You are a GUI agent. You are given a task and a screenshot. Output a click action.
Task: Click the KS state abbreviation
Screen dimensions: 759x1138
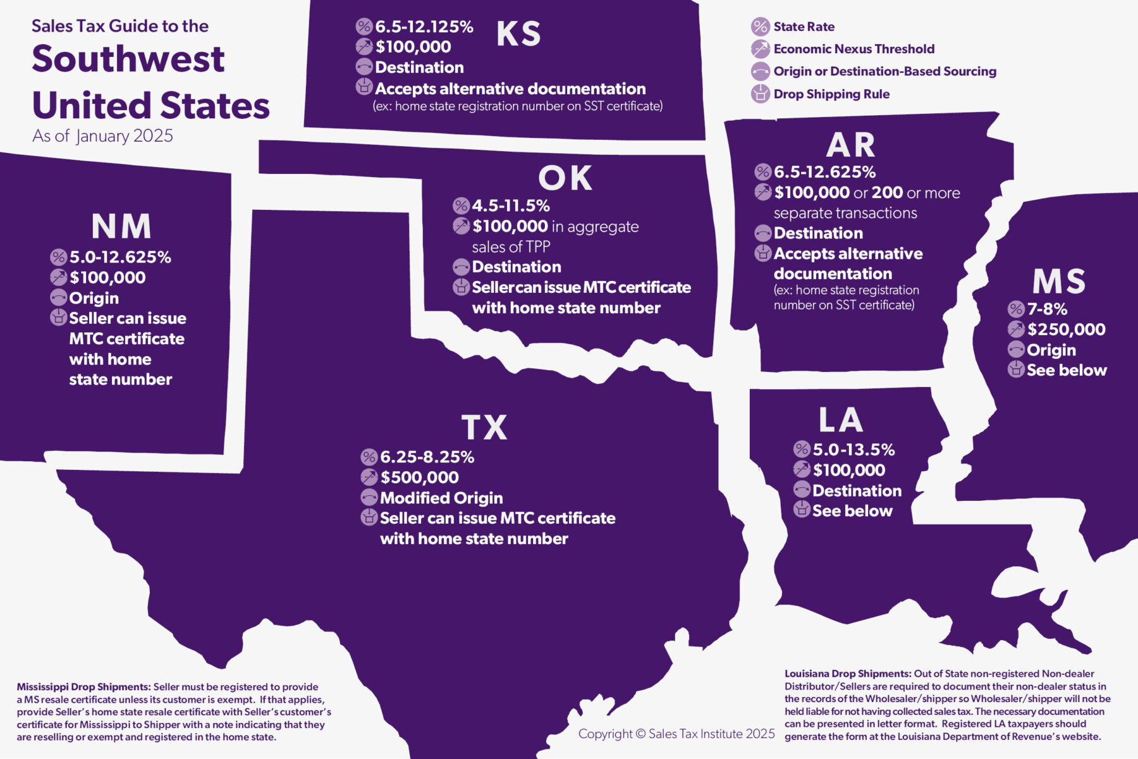tap(518, 34)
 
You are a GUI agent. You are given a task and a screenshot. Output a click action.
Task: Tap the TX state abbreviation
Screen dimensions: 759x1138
tap(484, 428)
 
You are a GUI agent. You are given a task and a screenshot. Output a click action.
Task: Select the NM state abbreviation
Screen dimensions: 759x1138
tap(121, 226)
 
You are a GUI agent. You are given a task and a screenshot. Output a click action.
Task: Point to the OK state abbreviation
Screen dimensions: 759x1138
tap(565, 178)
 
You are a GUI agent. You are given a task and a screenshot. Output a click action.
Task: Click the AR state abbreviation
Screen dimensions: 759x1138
tap(851, 145)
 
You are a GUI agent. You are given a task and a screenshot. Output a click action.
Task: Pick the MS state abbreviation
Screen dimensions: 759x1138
tap(1059, 282)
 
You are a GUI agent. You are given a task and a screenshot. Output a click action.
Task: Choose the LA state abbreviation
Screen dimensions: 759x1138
tap(841, 420)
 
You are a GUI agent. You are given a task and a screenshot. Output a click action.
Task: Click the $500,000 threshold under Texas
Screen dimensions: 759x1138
tap(419, 478)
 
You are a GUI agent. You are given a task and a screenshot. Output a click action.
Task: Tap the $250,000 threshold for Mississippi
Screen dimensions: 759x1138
tap(1066, 330)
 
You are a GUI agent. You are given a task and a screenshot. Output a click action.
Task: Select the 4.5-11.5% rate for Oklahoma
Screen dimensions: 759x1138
tap(510, 206)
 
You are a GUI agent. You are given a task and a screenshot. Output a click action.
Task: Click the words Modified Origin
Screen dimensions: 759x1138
tap(441, 498)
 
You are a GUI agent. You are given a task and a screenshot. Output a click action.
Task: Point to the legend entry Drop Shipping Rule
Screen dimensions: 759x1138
tap(831, 94)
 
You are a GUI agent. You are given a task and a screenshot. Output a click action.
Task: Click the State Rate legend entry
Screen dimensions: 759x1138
tap(804, 27)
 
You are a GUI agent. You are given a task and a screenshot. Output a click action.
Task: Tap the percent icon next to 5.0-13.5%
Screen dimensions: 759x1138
tap(802, 450)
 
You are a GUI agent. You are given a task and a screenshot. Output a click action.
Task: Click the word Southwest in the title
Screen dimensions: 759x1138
tap(128, 59)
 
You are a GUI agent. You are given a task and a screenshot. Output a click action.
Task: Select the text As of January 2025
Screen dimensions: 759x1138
tap(102, 136)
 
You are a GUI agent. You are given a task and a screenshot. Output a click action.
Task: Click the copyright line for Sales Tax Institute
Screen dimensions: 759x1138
tap(676, 734)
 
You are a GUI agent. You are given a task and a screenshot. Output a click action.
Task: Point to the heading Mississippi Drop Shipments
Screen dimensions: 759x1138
tap(83, 687)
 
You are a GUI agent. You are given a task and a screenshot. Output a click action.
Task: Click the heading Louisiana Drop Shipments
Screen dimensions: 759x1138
tap(847, 674)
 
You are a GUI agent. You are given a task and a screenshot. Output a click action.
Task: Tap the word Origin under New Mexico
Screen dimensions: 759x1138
tap(94, 298)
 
